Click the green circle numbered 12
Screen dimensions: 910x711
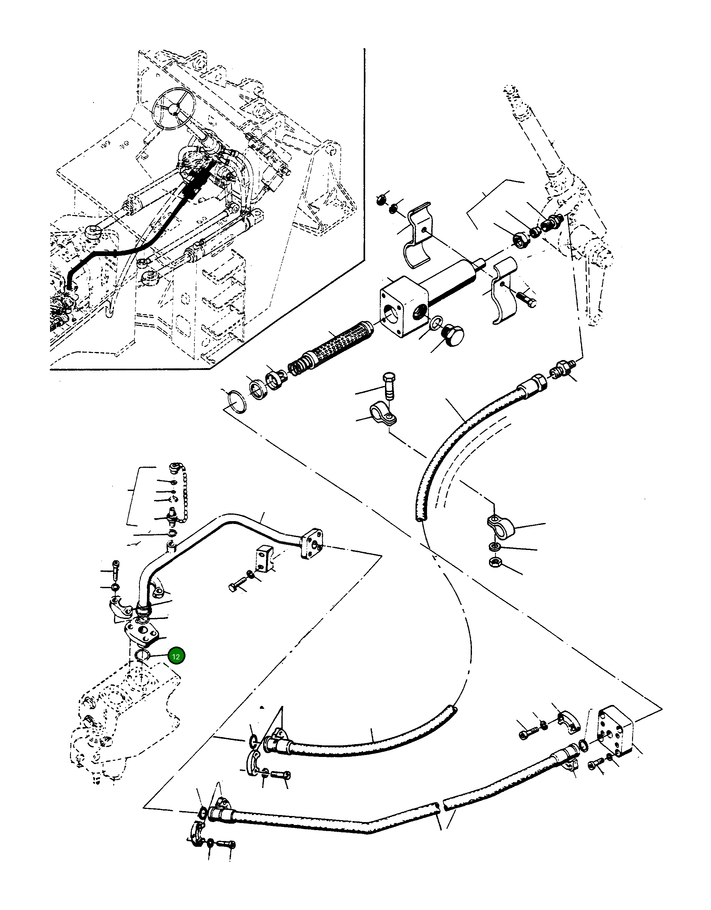[x=176, y=657]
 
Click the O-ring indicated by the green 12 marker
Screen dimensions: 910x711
[x=143, y=656]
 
